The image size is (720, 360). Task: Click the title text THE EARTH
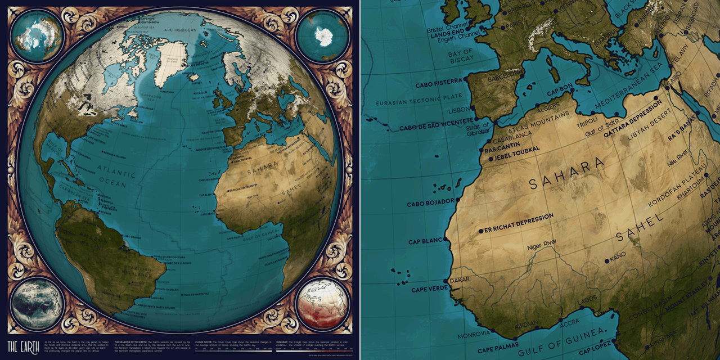coord(21,344)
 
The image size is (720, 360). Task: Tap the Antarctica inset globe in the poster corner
coord(322,37)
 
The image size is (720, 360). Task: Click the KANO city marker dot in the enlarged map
coord(606,261)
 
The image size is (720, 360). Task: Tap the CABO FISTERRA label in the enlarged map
coord(438,85)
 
